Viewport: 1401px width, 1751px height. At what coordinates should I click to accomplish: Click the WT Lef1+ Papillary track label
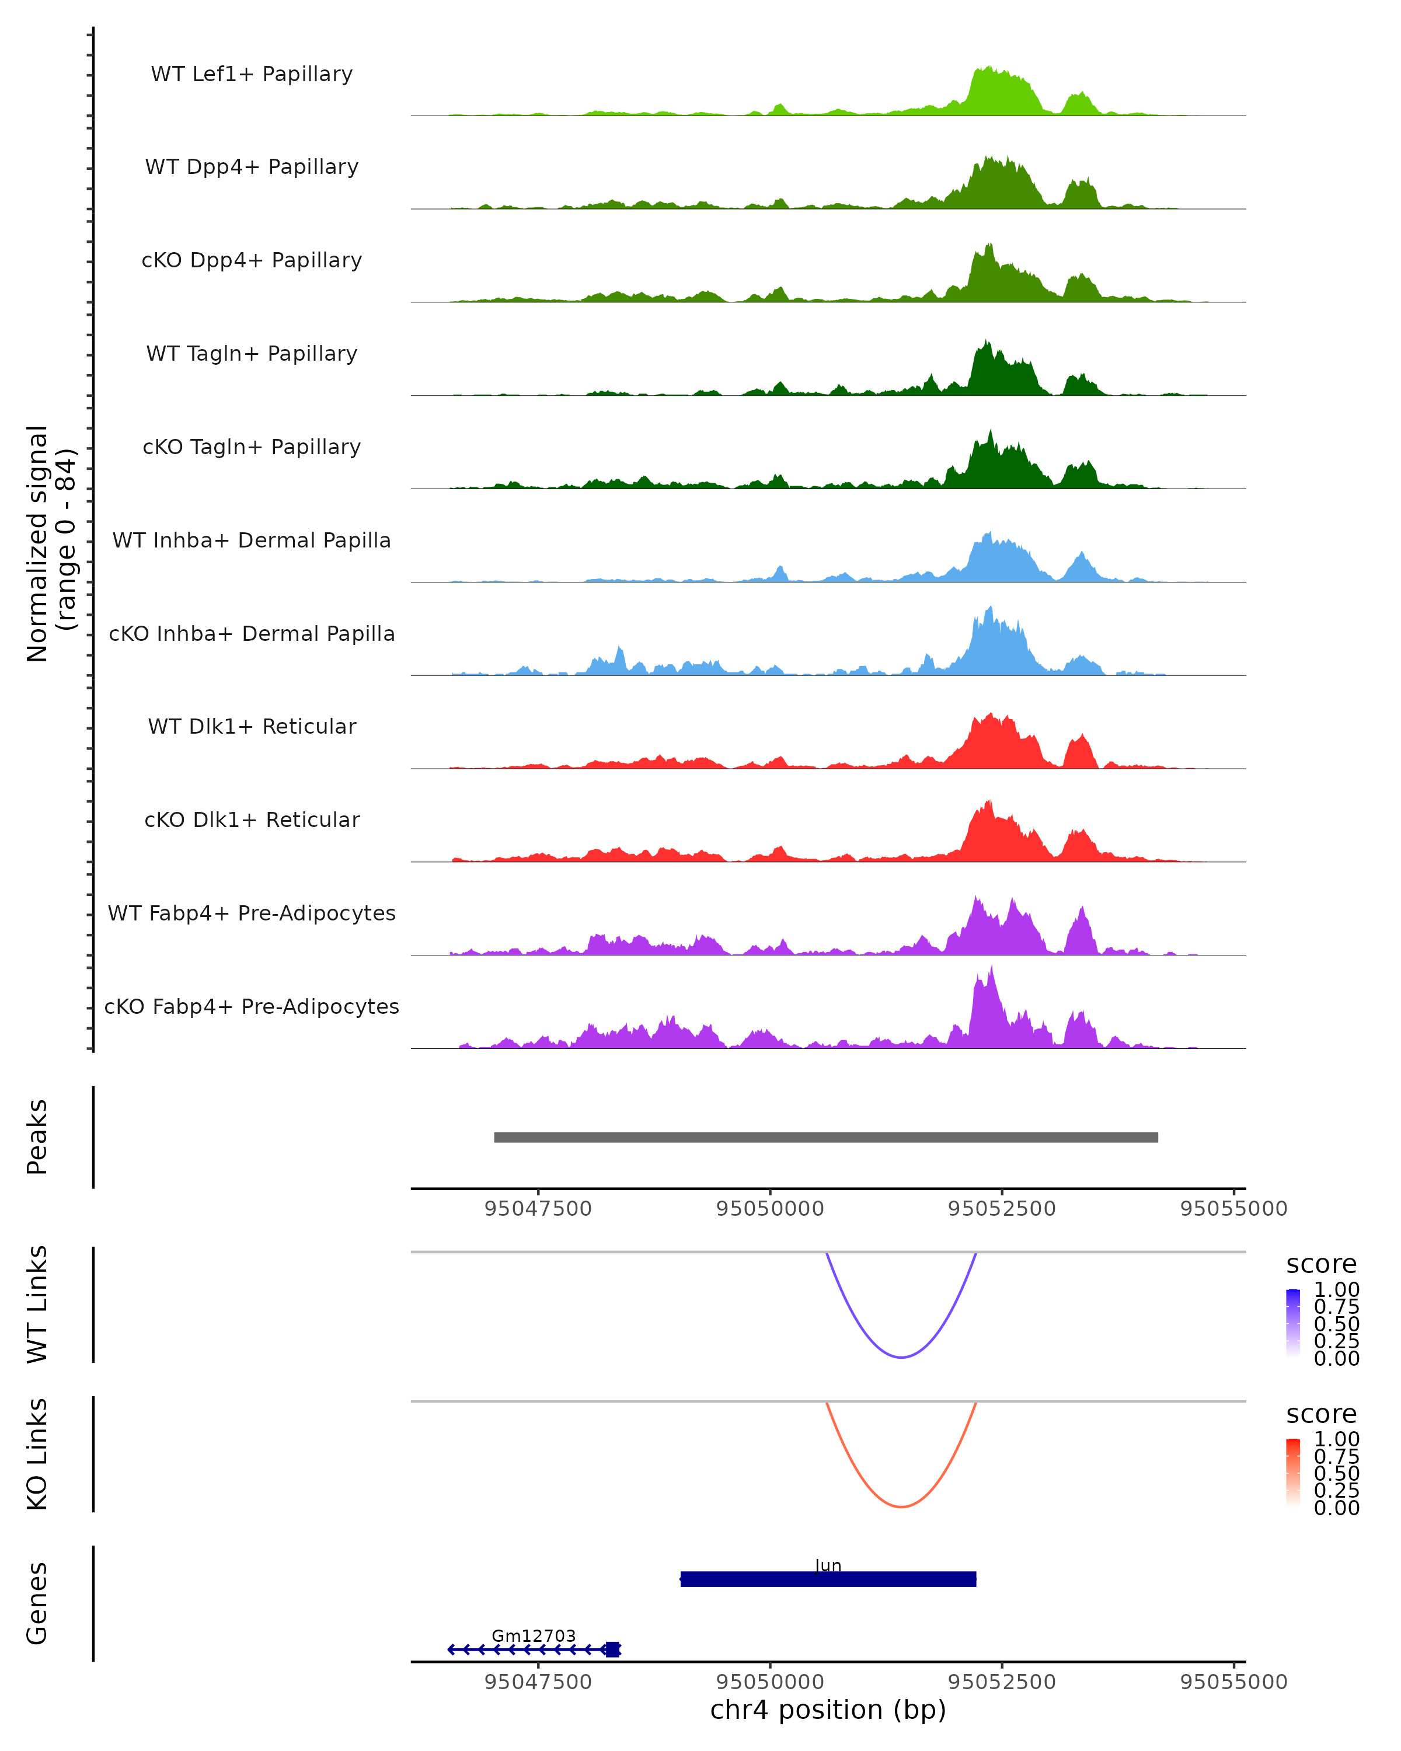coord(252,75)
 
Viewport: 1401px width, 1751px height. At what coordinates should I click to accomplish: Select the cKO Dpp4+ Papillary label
coord(252,261)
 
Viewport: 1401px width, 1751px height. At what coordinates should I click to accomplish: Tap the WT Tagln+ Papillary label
coord(252,354)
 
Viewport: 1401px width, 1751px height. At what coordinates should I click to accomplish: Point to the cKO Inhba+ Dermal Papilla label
coord(252,634)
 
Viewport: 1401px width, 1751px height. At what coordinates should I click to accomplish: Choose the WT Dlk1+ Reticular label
coord(252,727)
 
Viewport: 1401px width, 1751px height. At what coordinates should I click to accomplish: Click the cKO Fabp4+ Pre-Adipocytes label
coord(252,1007)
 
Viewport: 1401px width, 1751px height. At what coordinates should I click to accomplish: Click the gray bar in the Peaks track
coord(825,1138)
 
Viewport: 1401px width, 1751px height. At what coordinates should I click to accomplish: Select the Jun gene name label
coord(828,1566)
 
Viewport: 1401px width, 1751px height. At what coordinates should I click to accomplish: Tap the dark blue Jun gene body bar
coord(828,1579)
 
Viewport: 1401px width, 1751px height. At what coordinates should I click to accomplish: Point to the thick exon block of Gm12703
coord(612,1649)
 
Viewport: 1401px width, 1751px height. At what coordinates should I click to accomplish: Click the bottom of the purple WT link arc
coord(901,1357)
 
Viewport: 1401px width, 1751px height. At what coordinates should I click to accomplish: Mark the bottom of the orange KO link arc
coord(901,1506)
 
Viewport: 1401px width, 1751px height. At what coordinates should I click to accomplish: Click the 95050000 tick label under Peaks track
coord(770,1209)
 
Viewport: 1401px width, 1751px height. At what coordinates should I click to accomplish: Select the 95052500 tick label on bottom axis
coord(1001,1682)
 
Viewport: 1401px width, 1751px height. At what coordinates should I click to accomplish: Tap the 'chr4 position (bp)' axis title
coord(828,1710)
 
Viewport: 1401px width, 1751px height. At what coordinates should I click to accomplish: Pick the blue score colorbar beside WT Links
coord(1293,1323)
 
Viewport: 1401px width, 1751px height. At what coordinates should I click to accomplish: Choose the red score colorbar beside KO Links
coord(1293,1473)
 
